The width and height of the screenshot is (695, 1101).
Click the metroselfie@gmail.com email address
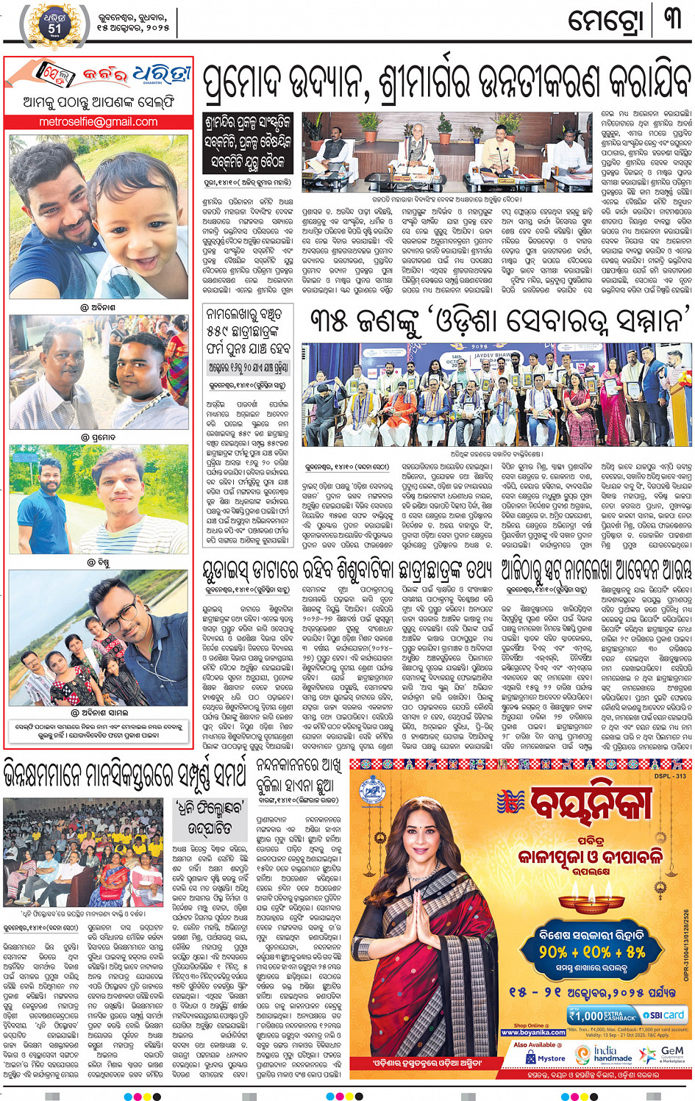pyautogui.click(x=98, y=122)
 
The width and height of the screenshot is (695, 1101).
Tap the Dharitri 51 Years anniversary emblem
pyautogui.click(x=54, y=24)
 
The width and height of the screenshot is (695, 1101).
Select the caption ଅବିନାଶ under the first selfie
pyautogui.click(x=98, y=307)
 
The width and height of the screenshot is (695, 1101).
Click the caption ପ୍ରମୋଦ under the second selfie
pyautogui.click(x=98, y=437)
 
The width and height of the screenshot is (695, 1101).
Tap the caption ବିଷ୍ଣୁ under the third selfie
pyautogui.click(x=98, y=563)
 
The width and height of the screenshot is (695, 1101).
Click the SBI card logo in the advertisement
pyautogui.click(x=663, y=1015)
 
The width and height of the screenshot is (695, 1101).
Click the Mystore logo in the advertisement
pyautogui.click(x=546, y=1058)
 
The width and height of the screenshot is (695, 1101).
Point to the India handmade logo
pyautogui.click(x=611, y=1055)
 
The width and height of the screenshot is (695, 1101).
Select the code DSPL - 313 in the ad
pyautogui.click(x=669, y=776)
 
